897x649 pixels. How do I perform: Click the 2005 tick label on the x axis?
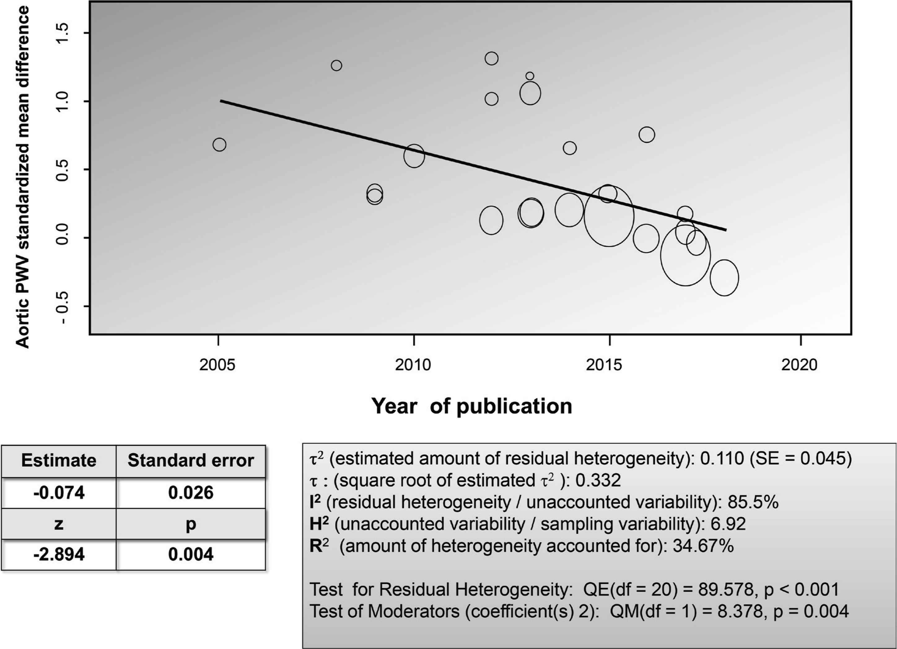pyautogui.click(x=217, y=365)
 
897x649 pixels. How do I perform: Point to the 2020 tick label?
pyautogui.click(x=799, y=365)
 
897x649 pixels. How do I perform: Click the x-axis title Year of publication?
pyautogui.click(x=471, y=406)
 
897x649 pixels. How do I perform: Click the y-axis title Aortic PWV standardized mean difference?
pyautogui.click(x=23, y=177)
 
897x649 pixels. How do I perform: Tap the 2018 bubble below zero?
pyautogui.click(x=724, y=278)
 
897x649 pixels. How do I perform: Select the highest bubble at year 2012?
pyautogui.click(x=492, y=59)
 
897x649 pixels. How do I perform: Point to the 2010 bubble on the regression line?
pyautogui.click(x=414, y=156)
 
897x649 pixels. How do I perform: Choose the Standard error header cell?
pyautogui.click(x=190, y=461)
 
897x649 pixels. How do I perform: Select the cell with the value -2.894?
pyautogui.click(x=59, y=554)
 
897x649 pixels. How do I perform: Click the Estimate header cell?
pyautogui.click(x=59, y=461)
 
